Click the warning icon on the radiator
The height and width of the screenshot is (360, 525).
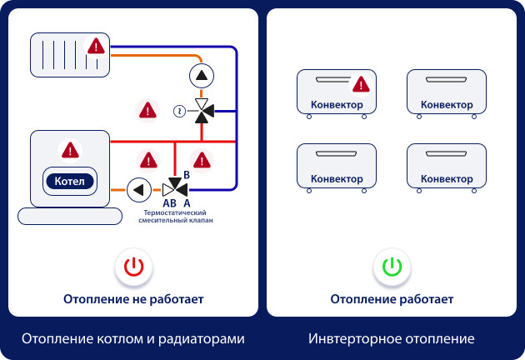pos(97,46)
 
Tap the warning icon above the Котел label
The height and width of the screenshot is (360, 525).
pos(69,150)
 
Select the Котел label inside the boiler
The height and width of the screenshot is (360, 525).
pos(69,181)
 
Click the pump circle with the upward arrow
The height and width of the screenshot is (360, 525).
pos(201,76)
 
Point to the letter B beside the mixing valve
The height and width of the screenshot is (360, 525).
pos(187,174)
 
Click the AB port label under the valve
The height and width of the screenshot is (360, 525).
pos(168,202)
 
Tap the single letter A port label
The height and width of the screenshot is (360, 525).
pos(187,202)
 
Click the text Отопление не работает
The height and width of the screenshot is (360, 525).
pos(133,298)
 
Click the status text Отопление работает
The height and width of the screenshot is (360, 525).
pos(392,298)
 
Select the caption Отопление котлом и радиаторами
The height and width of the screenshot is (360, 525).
pos(133,339)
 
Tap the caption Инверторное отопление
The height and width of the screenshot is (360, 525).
pos(392,339)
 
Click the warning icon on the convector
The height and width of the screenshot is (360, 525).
pos(360,84)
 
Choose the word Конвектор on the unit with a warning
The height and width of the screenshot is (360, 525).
pos(336,105)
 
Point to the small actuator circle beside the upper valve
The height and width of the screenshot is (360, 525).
pos(178,110)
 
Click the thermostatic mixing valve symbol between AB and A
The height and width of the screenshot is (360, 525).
pos(174,187)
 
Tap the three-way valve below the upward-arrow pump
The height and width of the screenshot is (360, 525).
pos(201,110)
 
